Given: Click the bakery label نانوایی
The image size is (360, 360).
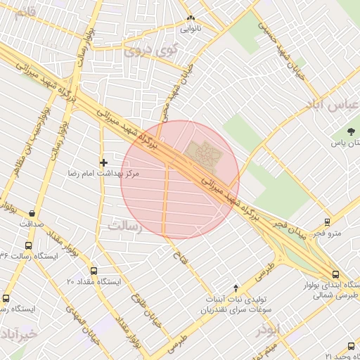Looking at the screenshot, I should click(x=191, y=30).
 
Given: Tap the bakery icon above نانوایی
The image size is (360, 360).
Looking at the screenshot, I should click(x=191, y=19).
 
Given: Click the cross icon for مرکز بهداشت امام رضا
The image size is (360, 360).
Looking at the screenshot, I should click(x=104, y=162).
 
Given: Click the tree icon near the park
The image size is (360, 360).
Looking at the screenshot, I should click(x=352, y=131).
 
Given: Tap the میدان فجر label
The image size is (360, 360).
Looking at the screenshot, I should click(x=290, y=226).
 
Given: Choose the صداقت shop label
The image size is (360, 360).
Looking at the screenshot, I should click(x=32, y=223).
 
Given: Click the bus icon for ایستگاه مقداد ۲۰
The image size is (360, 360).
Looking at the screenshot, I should click(x=94, y=271).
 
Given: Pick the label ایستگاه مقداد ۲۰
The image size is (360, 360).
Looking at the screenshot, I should click(x=94, y=281).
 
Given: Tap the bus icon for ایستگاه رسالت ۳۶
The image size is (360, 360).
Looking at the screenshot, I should click(x=28, y=245).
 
